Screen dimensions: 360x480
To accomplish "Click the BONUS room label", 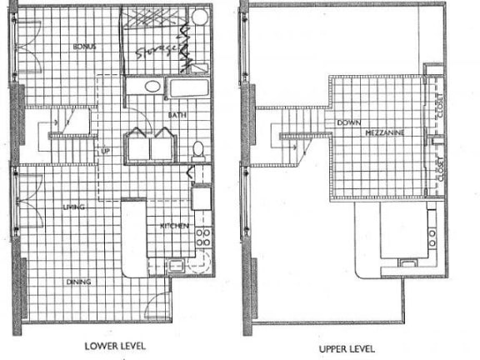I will [84, 47].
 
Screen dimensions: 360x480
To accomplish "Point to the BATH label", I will [177, 114].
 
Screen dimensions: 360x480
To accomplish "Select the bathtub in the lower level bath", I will [190, 87].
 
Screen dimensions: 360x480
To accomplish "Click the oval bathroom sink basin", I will [152, 87].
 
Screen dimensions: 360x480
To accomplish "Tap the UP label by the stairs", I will [106, 152].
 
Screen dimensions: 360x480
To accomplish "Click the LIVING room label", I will [73, 207].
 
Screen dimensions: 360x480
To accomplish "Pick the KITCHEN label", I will [174, 226].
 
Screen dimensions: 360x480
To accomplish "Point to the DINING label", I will [78, 282].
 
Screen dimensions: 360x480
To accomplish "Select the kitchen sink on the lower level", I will [175, 266].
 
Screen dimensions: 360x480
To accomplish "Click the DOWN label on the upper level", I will [348, 123].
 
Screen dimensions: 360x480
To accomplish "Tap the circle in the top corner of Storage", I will [200, 17].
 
